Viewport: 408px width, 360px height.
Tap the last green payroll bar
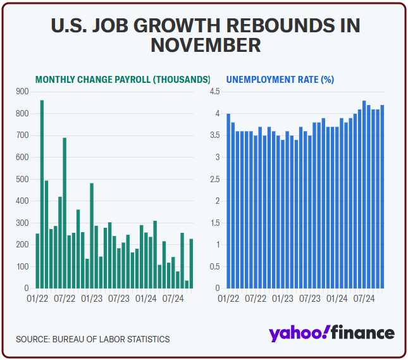(x=192, y=263)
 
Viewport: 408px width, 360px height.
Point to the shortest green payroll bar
(x=187, y=284)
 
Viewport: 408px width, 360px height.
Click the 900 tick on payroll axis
(x=23, y=92)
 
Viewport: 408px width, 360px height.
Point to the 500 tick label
(x=23, y=179)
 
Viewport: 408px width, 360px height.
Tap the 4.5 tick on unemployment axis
(x=214, y=92)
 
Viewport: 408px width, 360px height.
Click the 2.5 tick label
(x=214, y=179)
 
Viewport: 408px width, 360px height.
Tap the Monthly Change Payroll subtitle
(x=123, y=80)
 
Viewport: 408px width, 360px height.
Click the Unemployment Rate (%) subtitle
(x=280, y=80)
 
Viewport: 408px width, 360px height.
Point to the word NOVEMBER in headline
(x=206, y=46)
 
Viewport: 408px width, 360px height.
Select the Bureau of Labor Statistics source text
(x=94, y=339)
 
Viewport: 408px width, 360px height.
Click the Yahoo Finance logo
(x=331, y=333)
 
